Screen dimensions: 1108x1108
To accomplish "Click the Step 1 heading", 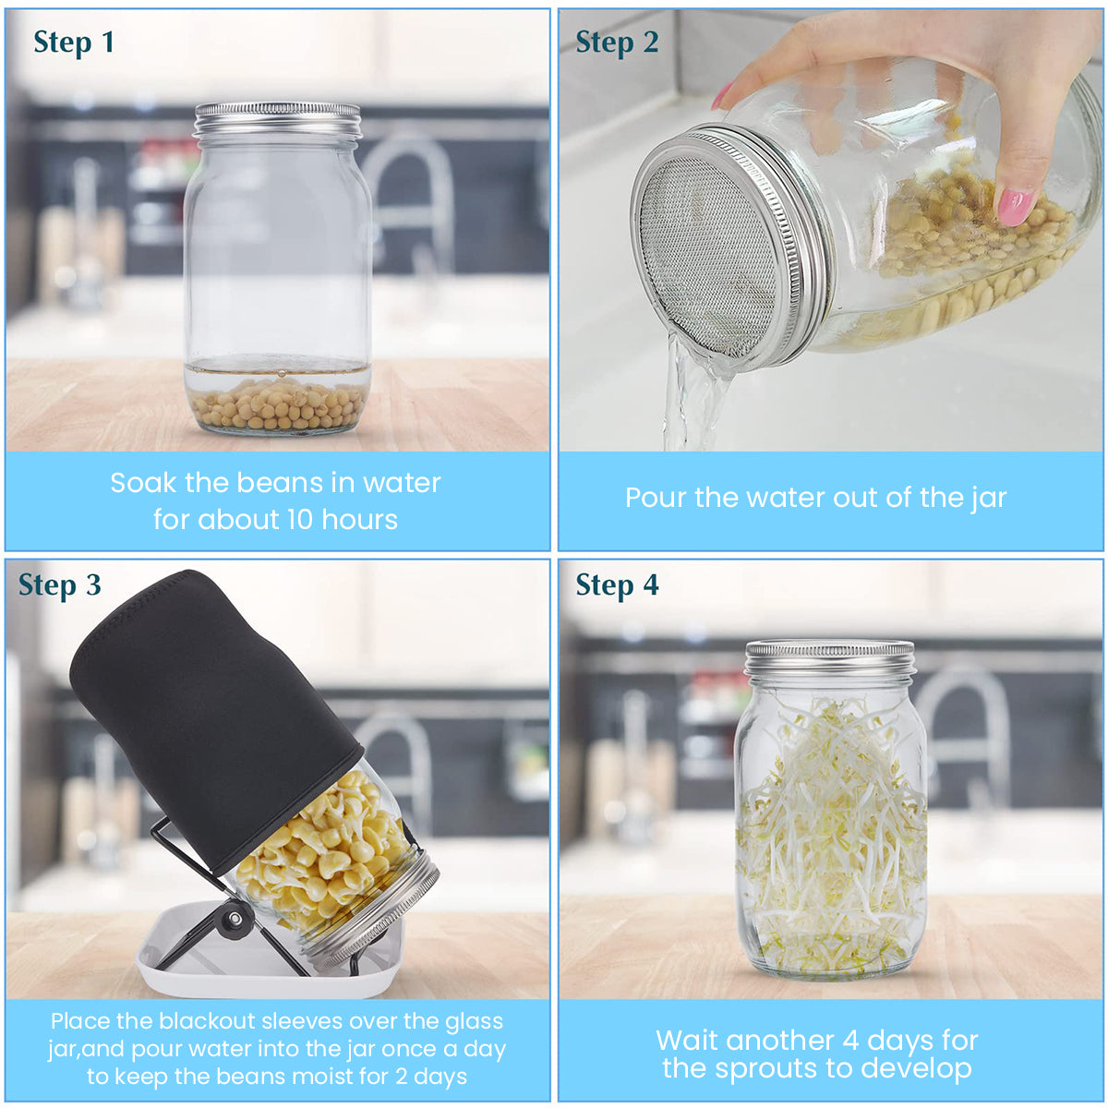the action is tap(74, 43).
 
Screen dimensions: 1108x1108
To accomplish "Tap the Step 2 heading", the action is tap(617, 43).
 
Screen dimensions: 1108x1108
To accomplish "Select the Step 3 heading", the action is tap(59, 586).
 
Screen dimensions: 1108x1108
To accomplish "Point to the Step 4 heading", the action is tap(617, 586).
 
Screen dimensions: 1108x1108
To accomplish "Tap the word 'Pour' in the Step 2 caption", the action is tap(656, 498).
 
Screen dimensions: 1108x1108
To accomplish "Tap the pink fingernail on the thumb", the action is tap(1015, 205).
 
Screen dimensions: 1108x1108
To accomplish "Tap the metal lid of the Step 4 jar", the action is tap(830, 657).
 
